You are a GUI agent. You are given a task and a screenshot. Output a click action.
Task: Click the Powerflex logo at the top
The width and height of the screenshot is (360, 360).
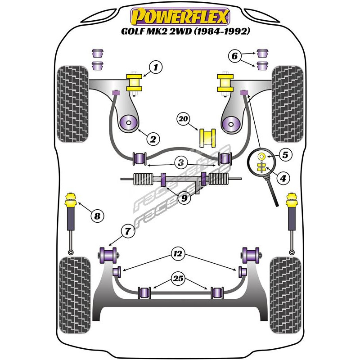click(x=180, y=17)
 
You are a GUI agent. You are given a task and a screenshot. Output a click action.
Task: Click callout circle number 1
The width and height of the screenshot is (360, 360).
click(x=155, y=68)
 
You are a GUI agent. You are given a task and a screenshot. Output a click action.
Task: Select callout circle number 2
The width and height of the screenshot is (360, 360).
click(x=153, y=139)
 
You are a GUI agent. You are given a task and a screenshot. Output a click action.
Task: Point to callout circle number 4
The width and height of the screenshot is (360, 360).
click(x=283, y=179)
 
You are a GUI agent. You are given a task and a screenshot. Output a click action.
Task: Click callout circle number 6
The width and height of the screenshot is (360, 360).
click(x=234, y=57)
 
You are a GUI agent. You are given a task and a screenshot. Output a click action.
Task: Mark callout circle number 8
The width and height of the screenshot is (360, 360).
click(x=97, y=216)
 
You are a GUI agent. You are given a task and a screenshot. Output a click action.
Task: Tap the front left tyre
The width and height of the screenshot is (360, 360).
click(x=74, y=103)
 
